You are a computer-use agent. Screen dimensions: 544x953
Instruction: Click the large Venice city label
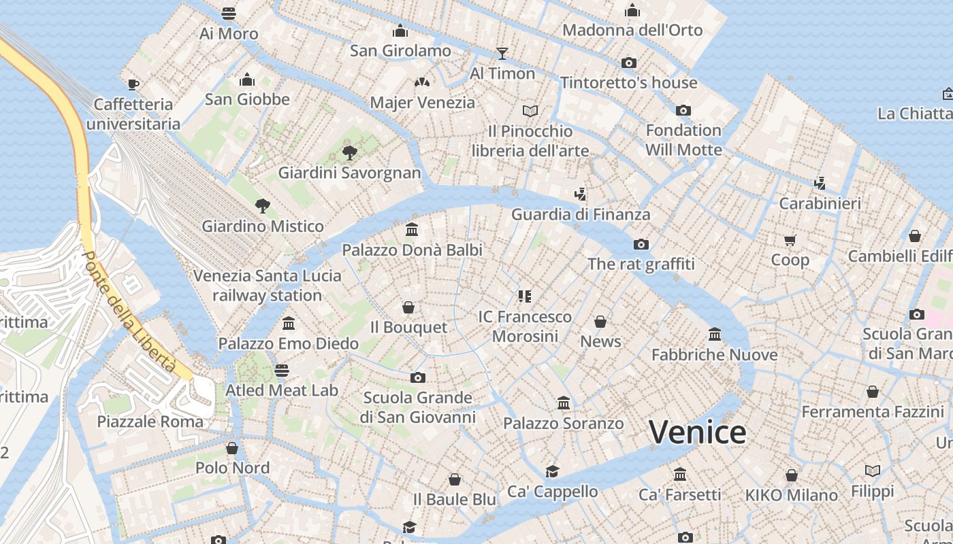tap(697, 432)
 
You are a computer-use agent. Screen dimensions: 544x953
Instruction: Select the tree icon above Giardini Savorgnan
tap(350, 152)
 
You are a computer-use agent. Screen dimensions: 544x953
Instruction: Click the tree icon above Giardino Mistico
tap(262, 205)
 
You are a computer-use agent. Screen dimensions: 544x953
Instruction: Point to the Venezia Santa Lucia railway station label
tap(267, 286)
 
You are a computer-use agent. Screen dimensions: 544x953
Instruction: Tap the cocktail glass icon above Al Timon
tap(502, 53)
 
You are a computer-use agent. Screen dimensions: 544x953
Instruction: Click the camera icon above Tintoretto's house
tap(629, 63)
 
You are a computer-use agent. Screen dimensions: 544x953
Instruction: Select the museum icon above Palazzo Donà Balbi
tap(412, 229)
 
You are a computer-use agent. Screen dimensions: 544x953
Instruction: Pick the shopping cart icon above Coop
tap(790, 240)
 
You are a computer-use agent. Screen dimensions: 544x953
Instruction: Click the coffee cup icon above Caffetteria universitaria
tap(133, 84)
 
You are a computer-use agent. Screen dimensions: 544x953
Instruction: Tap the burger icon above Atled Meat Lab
tap(282, 371)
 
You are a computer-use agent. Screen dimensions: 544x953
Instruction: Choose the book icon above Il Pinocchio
tap(530, 110)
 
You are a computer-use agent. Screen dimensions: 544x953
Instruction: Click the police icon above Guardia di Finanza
tap(580, 194)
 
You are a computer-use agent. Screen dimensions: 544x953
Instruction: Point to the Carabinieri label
tap(820, 203)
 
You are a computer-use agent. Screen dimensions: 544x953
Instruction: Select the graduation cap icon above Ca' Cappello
tap(552, 471)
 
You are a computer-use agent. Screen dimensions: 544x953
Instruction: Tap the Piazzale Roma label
tap(150, 422)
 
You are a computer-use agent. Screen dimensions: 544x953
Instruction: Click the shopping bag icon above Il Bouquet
tap(408, 307)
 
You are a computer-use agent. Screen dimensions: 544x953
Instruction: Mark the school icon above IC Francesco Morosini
tap(524, 296)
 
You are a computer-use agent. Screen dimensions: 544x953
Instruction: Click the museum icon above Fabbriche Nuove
tap(715, 334)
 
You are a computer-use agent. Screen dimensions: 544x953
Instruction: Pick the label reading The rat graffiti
tap(641, 264)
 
